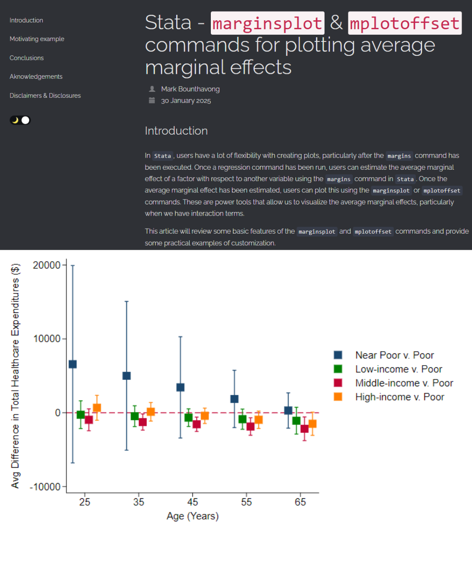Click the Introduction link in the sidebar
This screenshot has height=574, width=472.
point(27,20)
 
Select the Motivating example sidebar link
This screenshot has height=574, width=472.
point(37,39)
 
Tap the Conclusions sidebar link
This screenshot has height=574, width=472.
point(27,58)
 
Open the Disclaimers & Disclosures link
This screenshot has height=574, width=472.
point(45,95)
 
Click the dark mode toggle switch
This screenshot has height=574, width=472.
point(20,120)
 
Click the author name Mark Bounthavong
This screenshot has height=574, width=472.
point(190,89)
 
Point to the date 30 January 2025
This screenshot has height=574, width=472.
point(186,101)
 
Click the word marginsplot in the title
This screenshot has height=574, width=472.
point(267,23)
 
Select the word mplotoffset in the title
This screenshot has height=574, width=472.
point(405,23)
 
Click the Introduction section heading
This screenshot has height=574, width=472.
point(176,131)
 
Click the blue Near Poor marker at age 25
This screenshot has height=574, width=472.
point(73,364)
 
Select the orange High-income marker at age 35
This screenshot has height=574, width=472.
point(151,411)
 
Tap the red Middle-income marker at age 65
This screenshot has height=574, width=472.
point(304,429)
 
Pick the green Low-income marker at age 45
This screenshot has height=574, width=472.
point(188,417)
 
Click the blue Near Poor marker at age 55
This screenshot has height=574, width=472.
point(234,399)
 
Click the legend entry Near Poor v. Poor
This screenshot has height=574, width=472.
point(394,355)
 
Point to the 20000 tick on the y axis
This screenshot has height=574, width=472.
point(47,265)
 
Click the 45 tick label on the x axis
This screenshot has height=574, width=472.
point(192,502)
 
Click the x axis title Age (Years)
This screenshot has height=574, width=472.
point(192,516)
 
